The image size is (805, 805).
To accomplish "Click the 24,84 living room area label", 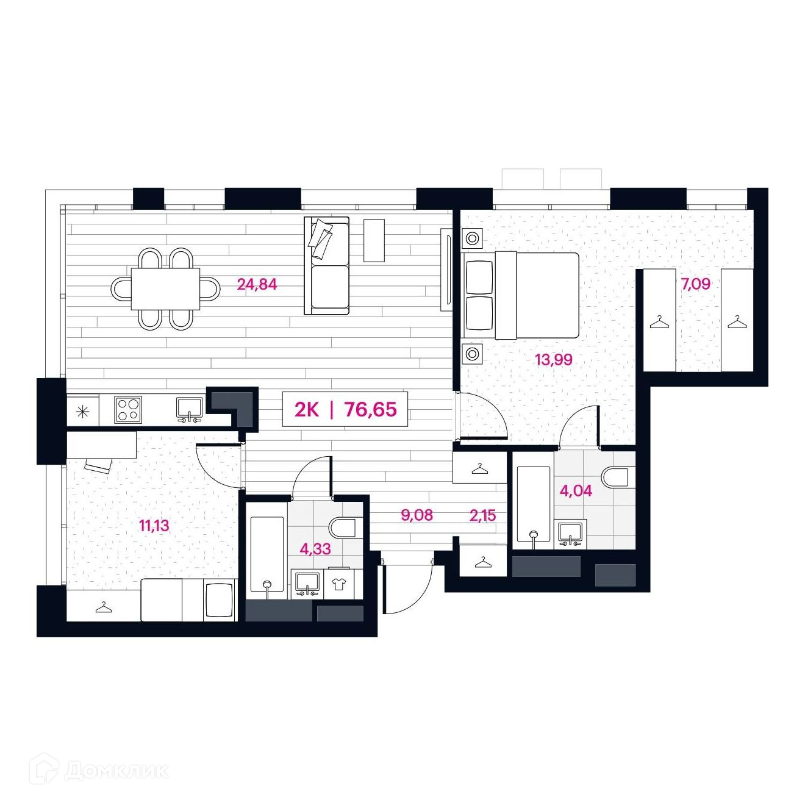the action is click(x=257, y=285).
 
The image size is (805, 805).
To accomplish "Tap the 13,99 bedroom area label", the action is click(x=554, y=360).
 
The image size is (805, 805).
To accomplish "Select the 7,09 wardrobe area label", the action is click(x=696, y=284).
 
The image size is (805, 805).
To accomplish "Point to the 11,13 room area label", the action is click(x=154, y=526).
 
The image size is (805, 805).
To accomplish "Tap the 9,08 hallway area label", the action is click(x=417, y=515).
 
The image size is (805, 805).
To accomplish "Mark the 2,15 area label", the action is click(x=482, y=515).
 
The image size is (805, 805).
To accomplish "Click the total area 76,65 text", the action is click(x=370, y=410).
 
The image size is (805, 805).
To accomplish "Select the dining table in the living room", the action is click(x=165, y=288).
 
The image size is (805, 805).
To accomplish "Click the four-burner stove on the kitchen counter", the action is click(x=127, y=409).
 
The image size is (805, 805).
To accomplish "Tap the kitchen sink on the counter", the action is click(x=190, y=409).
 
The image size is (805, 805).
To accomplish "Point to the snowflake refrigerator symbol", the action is click(x=82, y=412).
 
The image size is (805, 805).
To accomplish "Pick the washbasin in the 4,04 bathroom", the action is click(x=572, y=535).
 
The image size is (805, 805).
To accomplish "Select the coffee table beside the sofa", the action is click(x=374, y=240).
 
